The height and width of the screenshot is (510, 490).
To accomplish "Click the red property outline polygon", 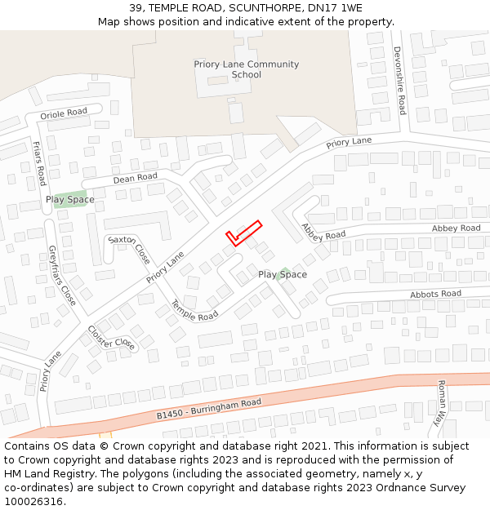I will tap(243, 233).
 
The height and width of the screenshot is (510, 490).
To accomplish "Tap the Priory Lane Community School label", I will tap(246, 69).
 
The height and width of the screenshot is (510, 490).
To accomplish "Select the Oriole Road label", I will tap(64, 113).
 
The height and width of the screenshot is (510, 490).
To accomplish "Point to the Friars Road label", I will tap(38, 163).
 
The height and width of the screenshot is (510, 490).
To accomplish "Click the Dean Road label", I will tap(135, 178).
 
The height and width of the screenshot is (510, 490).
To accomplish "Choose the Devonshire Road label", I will tap(399, 81).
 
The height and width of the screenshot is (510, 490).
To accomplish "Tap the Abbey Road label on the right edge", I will tap(456, 228).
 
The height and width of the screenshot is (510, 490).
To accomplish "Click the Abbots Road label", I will tap(435, 294).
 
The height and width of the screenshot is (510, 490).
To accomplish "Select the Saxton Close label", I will tap(130, 249).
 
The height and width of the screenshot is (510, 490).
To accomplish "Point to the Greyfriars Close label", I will tap(62, 275).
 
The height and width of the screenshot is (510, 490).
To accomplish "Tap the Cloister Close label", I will tap(111, 338).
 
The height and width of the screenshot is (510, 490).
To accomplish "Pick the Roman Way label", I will tap(441, 403).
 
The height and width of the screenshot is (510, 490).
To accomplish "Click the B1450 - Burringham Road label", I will tap(209, 410).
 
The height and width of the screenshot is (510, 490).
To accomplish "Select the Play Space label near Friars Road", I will tap(69, 199).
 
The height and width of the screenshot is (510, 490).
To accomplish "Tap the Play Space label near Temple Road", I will tap(283, 275).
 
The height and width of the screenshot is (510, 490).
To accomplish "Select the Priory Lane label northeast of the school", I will tap(349, 143).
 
